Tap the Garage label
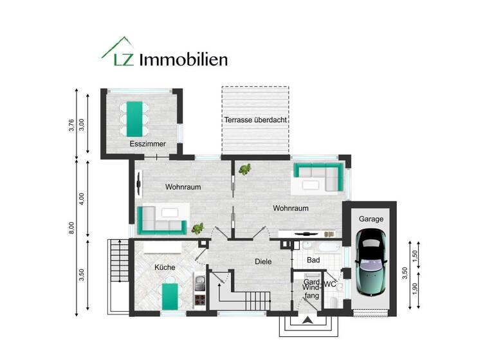pyautogui.click(x=371, y=219)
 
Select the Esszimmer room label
pyautogui.click(x=147, y=144)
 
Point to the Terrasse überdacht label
pyautogui.click(x=255, y=120)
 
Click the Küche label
pyautogui.click(x=165, y=267)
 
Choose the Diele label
pyautogui.click(x=263, y=262)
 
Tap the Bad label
pyautogui.click(x=313, y=260)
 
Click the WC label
pyautogui.click(x=330, y=283)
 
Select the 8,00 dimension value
pyautogui.click(x=72, y=228)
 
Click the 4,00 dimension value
pyautogui.click(x=81, y=198)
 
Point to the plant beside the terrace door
pyautogui.click(x=245, y=170)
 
